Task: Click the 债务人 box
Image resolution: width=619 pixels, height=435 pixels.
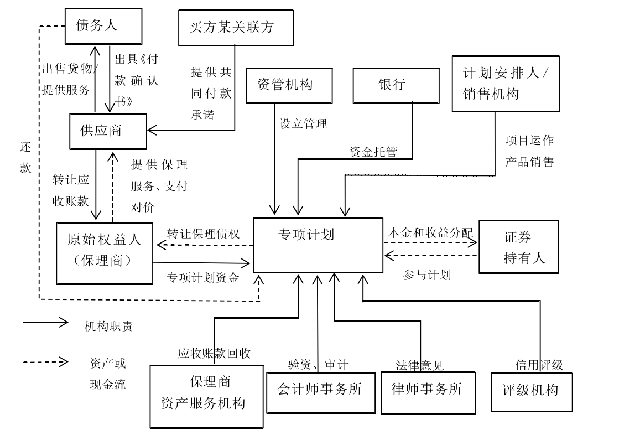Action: (x=103, y=26)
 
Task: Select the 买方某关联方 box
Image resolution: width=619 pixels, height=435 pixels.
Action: (x=236, y=27)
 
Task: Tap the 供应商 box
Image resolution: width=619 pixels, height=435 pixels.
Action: (x=108, y=131)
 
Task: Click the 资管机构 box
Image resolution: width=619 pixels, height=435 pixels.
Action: (x=289, y=85)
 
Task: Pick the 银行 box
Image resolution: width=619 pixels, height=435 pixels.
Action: (x=396, y=85)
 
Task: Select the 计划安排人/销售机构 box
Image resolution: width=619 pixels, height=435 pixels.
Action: (x=505, y=84)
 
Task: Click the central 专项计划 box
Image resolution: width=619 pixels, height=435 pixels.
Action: (x=318, y=245)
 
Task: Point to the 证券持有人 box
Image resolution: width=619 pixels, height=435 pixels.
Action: (x=518, y=247)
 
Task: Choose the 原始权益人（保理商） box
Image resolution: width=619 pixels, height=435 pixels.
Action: (x=105, y=253)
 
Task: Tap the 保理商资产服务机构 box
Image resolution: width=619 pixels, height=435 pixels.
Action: (x=206, y=396)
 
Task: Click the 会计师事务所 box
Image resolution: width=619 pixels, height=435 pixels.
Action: (x=320, y=392)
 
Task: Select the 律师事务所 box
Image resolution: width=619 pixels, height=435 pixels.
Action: (x=428, y=392)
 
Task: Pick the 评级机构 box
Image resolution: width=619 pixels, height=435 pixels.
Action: (x=531, y=392)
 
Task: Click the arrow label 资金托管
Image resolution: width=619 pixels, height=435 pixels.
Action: (x=373, y=152)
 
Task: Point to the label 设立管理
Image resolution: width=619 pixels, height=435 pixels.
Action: (x=303, y=124)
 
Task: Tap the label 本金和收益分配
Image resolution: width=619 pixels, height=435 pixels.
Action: (x=430, y=233)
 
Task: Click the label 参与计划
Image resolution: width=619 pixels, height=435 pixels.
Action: (x=426, y=275)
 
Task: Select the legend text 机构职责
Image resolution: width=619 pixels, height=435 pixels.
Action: (x=108, y=327)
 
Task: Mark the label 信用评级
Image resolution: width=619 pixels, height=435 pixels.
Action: (x=539, y=365)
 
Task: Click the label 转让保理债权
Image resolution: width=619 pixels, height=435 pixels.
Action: (x=203, y=234)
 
